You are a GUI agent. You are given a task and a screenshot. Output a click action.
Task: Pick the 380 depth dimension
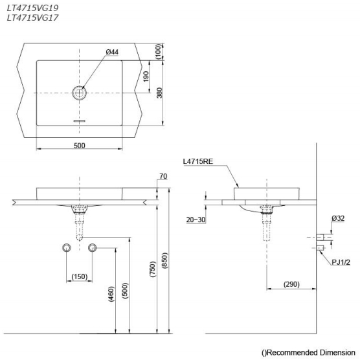(x=157, y=93)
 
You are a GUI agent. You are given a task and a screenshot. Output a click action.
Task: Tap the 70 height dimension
(x=163, y=175)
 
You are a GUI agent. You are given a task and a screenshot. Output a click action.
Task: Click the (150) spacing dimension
(x=79, y=277)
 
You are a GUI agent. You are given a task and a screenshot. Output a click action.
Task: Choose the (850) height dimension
(x=164, y=260)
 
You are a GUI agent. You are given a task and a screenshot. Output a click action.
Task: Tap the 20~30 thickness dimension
(x=195, y=220)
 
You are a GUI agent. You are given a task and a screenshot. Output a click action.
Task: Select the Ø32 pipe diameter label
(x=337, y=219)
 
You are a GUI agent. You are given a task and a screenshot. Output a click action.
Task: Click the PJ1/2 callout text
(x=341, y=262)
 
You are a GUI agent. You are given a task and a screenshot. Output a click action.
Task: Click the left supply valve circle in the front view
(x=66, y=248)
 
